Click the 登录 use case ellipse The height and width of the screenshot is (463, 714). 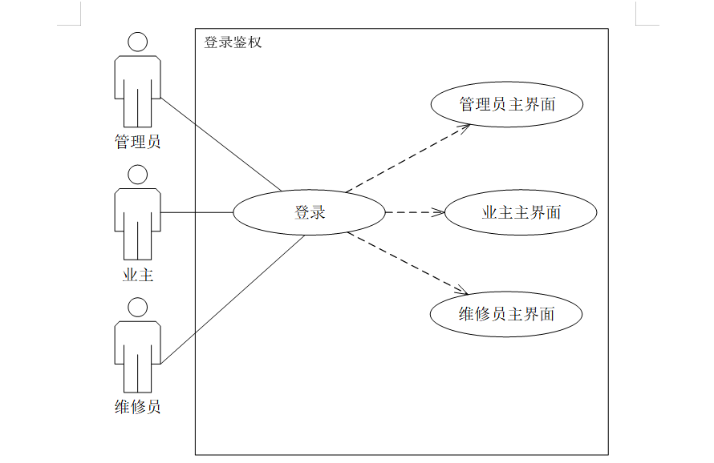[309, 213]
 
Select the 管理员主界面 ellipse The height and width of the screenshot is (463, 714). [506, 104]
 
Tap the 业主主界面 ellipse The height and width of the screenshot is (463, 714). [521, 213]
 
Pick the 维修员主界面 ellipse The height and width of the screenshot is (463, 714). [506, 314]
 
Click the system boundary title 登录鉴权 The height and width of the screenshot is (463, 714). [233, 42]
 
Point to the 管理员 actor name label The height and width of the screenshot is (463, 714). [137, 143]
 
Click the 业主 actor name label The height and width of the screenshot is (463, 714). [137, 276]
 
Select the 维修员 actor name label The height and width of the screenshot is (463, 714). [137, 407]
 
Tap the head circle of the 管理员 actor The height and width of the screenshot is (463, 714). [138, 42]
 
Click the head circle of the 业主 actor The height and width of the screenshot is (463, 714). [138, 175]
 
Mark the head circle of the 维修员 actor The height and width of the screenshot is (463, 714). [138, 307]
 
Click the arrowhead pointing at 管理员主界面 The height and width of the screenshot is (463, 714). [465, 127]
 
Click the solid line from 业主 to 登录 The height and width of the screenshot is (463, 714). [197, 213]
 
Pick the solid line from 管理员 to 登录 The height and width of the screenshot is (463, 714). [221, 145]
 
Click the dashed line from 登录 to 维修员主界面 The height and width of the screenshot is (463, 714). [405, 262]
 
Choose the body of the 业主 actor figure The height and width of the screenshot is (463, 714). [138, 216]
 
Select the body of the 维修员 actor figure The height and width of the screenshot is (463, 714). [138, 348]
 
